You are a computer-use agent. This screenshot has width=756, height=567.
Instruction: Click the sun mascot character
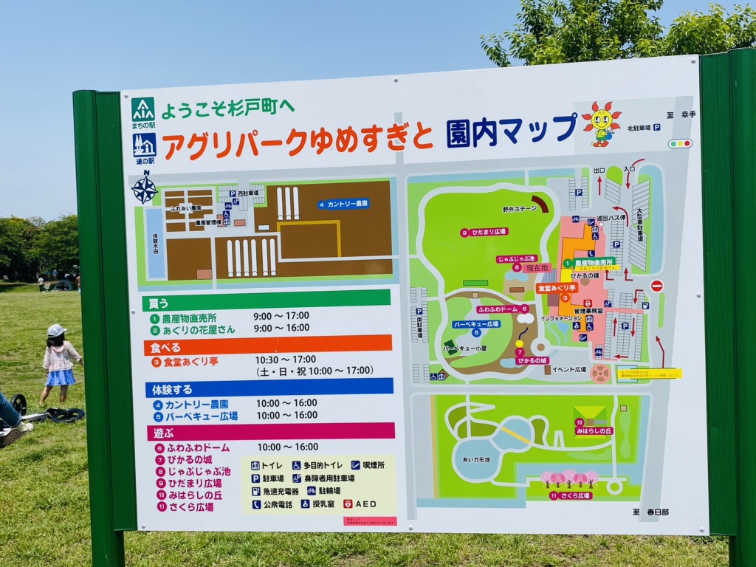tap(601, 123)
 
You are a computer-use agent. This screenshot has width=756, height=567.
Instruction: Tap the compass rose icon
tap(144, 189)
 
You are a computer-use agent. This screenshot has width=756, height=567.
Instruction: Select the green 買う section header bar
tap(266, 300)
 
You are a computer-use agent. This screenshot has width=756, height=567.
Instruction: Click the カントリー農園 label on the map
tap(343, 204)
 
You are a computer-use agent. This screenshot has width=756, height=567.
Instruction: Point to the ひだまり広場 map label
tap(484, 232)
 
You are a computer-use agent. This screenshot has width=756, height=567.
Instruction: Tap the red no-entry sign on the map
tap(656, 286)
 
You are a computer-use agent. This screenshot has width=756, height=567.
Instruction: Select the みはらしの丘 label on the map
tap(594, 430)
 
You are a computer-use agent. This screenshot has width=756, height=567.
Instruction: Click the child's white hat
tap(56, 331)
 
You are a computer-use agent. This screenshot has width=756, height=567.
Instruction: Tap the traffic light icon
tap(680, 144)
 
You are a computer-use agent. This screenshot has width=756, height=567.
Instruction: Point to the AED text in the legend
tap(365, 504)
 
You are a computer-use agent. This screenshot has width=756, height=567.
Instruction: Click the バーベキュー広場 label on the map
tap(476, 324)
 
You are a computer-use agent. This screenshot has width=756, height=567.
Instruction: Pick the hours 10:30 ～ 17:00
tap(286, 360)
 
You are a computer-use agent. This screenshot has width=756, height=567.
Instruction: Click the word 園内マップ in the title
tap(511, 131)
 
